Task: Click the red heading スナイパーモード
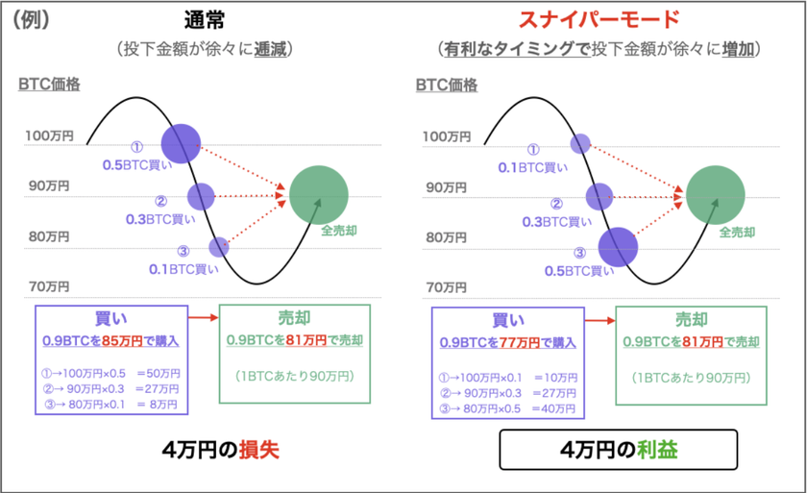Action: click(599, 20)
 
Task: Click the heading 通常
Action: click(205, 20)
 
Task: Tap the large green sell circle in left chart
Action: click(319, 195)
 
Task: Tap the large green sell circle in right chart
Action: click(716, 195)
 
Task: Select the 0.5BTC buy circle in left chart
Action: click(181, 143)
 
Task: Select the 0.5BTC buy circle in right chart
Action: click(618, 247)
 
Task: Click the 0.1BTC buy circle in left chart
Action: click(219, 247)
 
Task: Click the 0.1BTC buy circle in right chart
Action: click(580, 143)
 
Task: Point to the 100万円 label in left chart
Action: click(49, 136)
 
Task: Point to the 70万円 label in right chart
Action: click(446, 287)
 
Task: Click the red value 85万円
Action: click(123, 340)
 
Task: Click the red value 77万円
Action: click(520, 343)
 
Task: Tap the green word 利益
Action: click(657, 450)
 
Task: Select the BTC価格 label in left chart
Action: click(49, 84)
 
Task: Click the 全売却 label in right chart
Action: click(737, 233)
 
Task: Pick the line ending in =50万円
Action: click(110, 373)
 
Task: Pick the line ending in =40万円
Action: click(507, 409)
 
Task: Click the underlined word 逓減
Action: click(270, 49)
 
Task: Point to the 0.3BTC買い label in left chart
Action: click(160, 219)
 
